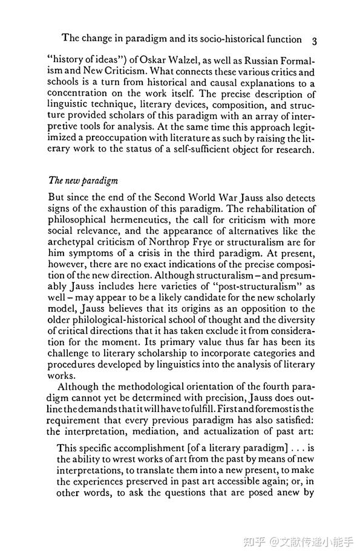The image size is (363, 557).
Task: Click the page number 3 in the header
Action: pos(315,40)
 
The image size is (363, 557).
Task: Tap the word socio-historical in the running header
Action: pos(211,39)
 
